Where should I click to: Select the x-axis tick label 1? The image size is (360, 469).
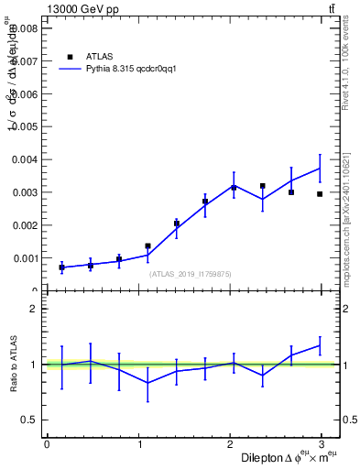point(138,444)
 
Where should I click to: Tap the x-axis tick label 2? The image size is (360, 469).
point(231,444)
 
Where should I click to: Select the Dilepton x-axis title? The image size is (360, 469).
point(290,457)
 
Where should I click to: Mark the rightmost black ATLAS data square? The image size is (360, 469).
point(320,194)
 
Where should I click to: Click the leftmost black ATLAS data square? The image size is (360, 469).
point(61,267)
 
